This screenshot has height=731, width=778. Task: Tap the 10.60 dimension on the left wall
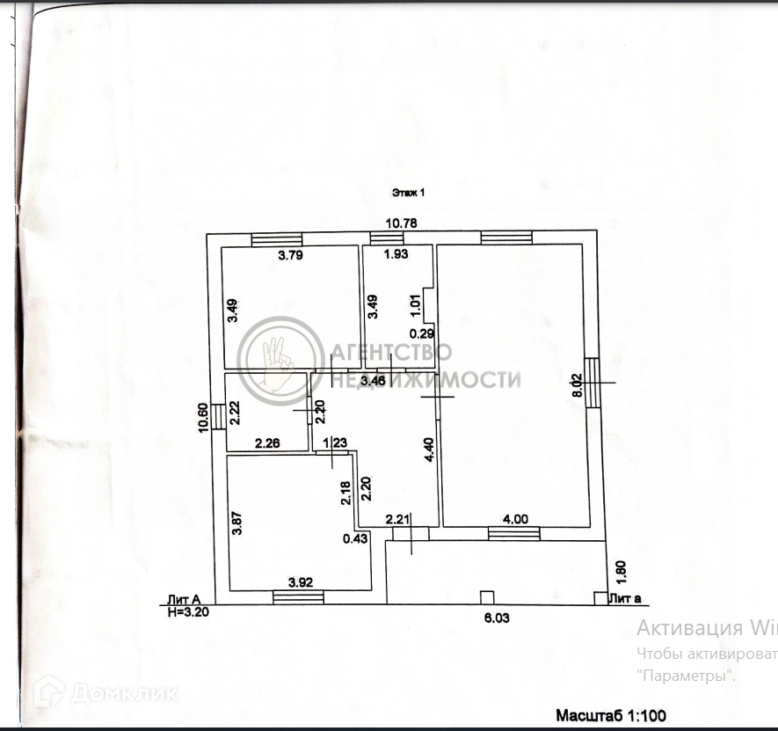(203, 417)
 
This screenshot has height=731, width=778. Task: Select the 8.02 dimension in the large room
(578, 385)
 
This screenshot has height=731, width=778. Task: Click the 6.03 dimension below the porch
(497, 618)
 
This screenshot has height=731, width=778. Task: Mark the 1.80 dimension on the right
(621, 572)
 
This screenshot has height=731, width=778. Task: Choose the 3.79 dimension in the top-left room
(291, 257)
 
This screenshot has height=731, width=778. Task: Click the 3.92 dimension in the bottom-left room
(302, 581)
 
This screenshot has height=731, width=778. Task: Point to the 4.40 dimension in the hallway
(429, 450)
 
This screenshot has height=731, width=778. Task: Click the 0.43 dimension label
(355, 538)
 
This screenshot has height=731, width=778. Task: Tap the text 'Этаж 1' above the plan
(407, 192)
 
